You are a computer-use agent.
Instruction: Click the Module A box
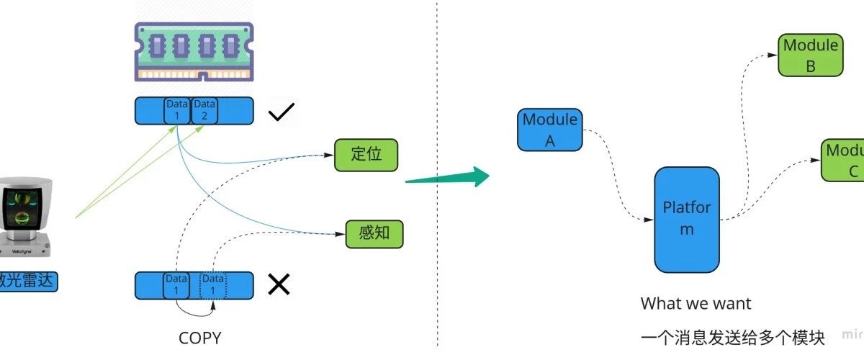[550, 130]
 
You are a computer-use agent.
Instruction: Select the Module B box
[810, 55]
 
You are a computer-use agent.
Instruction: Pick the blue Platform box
[686, 219]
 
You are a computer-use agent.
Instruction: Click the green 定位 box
[365, 156]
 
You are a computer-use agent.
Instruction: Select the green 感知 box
[374, 234]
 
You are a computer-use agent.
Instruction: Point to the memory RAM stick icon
[194, 51]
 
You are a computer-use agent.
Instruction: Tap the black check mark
[281, 113]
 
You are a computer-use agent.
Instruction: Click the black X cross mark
[279, 285]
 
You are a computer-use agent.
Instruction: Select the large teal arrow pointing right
[446, 177]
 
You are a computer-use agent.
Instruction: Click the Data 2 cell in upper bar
[204, 111]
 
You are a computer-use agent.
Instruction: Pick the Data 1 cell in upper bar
[176, 111]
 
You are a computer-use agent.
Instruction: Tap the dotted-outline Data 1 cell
[212, 285]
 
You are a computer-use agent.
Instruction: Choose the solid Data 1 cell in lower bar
[176, 285]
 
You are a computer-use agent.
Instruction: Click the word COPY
[199, 337]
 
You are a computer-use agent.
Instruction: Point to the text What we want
[696, 304]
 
